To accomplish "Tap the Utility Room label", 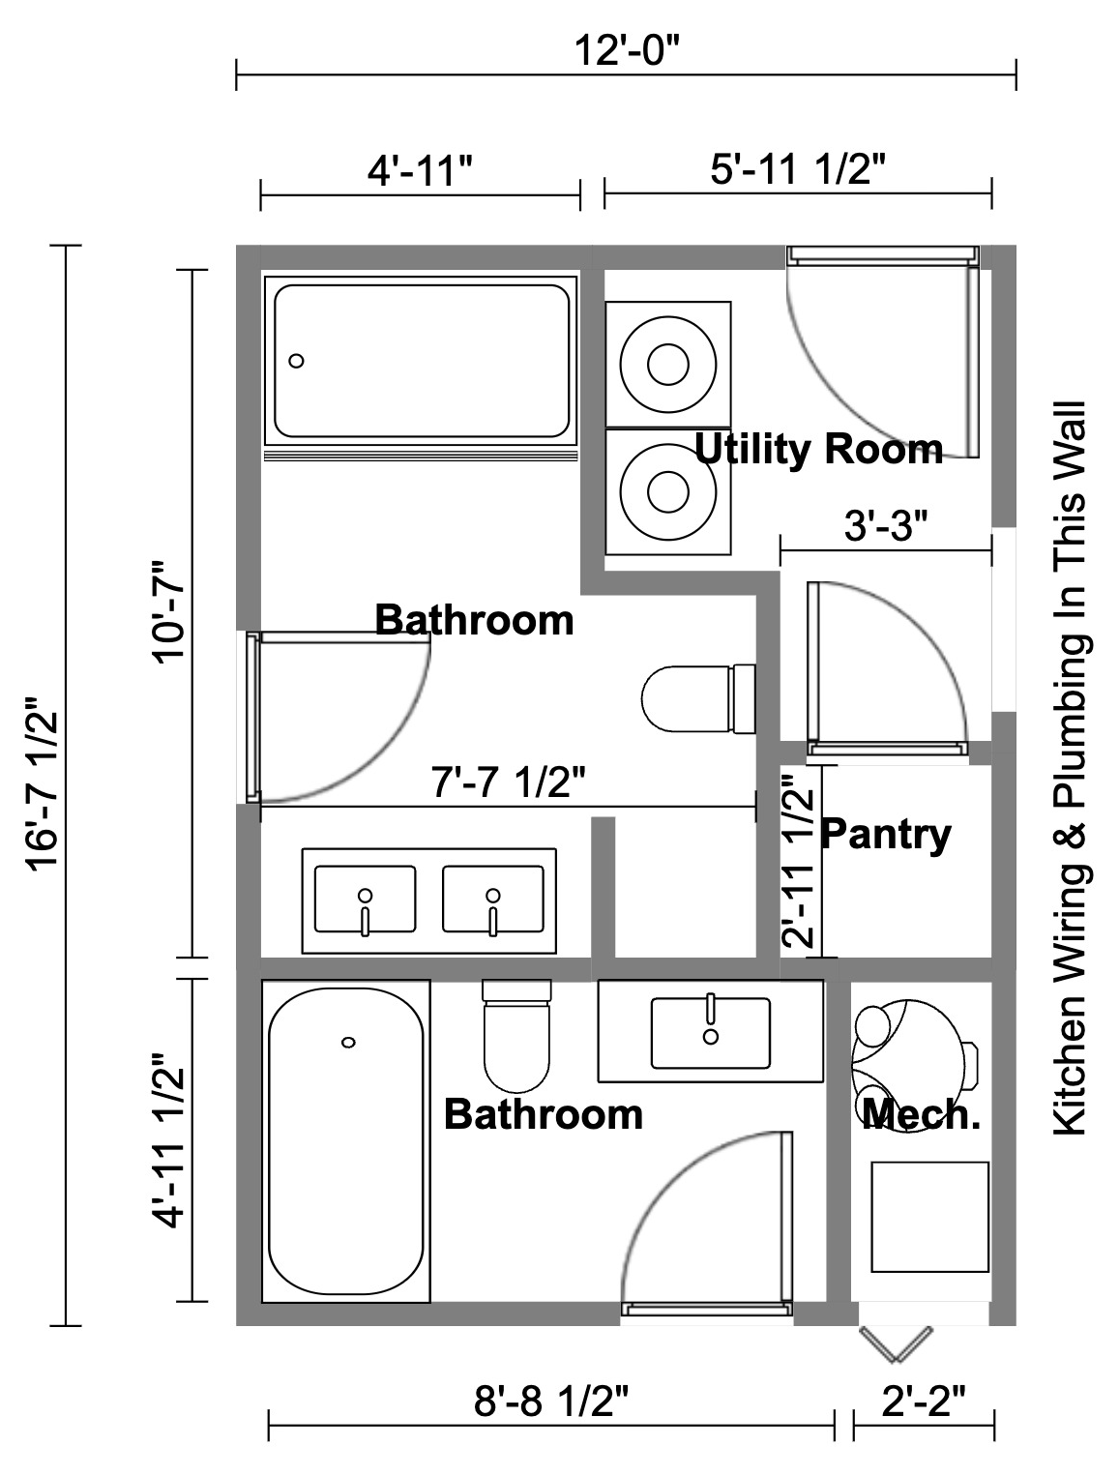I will [818, 450].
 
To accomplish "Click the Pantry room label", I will [885, 834].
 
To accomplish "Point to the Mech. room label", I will [921, 1114].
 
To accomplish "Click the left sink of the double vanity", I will [365, 900].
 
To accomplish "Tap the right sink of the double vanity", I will [492, 900].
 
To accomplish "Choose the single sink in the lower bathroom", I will [711, 1032].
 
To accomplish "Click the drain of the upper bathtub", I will [297, 361].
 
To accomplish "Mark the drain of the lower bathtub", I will [348, 1042].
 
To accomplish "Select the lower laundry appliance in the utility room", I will [667, 491].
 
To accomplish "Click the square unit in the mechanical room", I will [929, 1217].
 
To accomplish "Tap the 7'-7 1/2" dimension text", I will [508, 782].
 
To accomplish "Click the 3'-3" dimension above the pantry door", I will [885, 527].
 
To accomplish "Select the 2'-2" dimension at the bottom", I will [924, 1400].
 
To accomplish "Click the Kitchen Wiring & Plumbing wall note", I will [1070, 769].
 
